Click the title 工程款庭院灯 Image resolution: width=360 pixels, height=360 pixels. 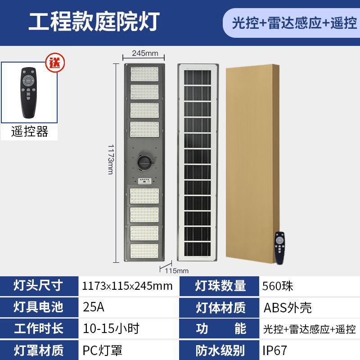point(94,22)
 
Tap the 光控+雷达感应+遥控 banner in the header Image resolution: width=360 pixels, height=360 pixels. point(294,22)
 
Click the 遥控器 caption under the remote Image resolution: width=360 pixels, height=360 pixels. point(30,131)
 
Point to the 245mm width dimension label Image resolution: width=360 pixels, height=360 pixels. point(145,53)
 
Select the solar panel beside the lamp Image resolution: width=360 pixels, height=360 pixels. point(198,162)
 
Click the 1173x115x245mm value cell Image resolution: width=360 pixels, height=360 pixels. point(127,286)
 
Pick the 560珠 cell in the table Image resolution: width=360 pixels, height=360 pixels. point(278,286)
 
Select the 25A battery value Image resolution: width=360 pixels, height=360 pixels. point(94,307)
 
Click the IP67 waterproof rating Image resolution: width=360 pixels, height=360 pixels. point(274,350)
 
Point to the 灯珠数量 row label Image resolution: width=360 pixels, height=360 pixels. point(220,286)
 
